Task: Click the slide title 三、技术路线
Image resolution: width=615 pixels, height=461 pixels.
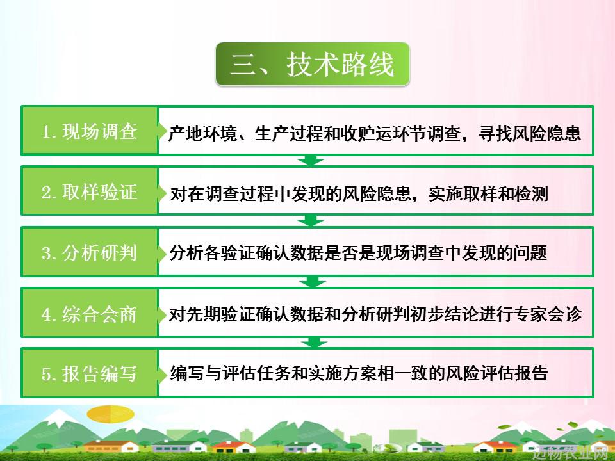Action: (312, 64)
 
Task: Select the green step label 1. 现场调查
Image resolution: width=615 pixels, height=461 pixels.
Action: (90, 131)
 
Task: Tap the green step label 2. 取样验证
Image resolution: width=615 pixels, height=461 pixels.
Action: (90, 191)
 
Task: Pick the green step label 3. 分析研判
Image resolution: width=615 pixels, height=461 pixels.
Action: (90, 252)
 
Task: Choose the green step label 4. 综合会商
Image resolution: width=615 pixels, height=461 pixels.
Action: (90, 314)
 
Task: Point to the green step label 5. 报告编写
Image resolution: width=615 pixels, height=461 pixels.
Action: (90, 373)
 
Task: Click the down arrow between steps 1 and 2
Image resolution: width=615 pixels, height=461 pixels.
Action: (311, 160)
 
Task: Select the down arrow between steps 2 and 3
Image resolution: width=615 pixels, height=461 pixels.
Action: (311, 221)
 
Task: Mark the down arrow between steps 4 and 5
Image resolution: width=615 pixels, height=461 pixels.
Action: (314, 342)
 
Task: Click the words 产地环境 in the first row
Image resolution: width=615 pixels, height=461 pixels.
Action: (202, 134)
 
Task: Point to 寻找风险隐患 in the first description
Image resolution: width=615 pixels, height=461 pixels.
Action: (530, 134)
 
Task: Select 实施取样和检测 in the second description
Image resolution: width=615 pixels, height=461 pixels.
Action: (488, 194)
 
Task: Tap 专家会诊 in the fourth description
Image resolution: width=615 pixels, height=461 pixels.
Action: (547, 314)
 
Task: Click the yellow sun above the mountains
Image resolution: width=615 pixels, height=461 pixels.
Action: (110, 414)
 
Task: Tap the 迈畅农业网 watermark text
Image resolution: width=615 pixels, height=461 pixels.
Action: (573, 453)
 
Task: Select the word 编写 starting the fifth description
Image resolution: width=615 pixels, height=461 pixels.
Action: (187, 373)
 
